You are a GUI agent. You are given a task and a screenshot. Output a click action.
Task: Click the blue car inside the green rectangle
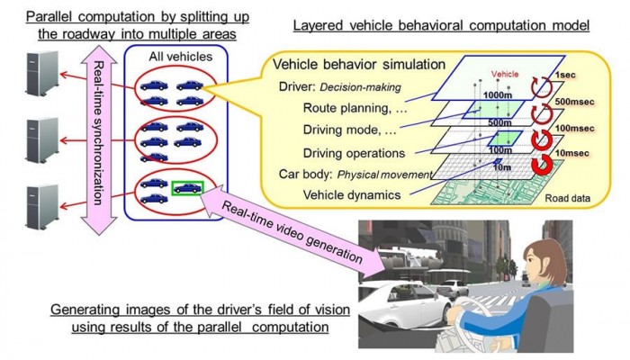[187, 189]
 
